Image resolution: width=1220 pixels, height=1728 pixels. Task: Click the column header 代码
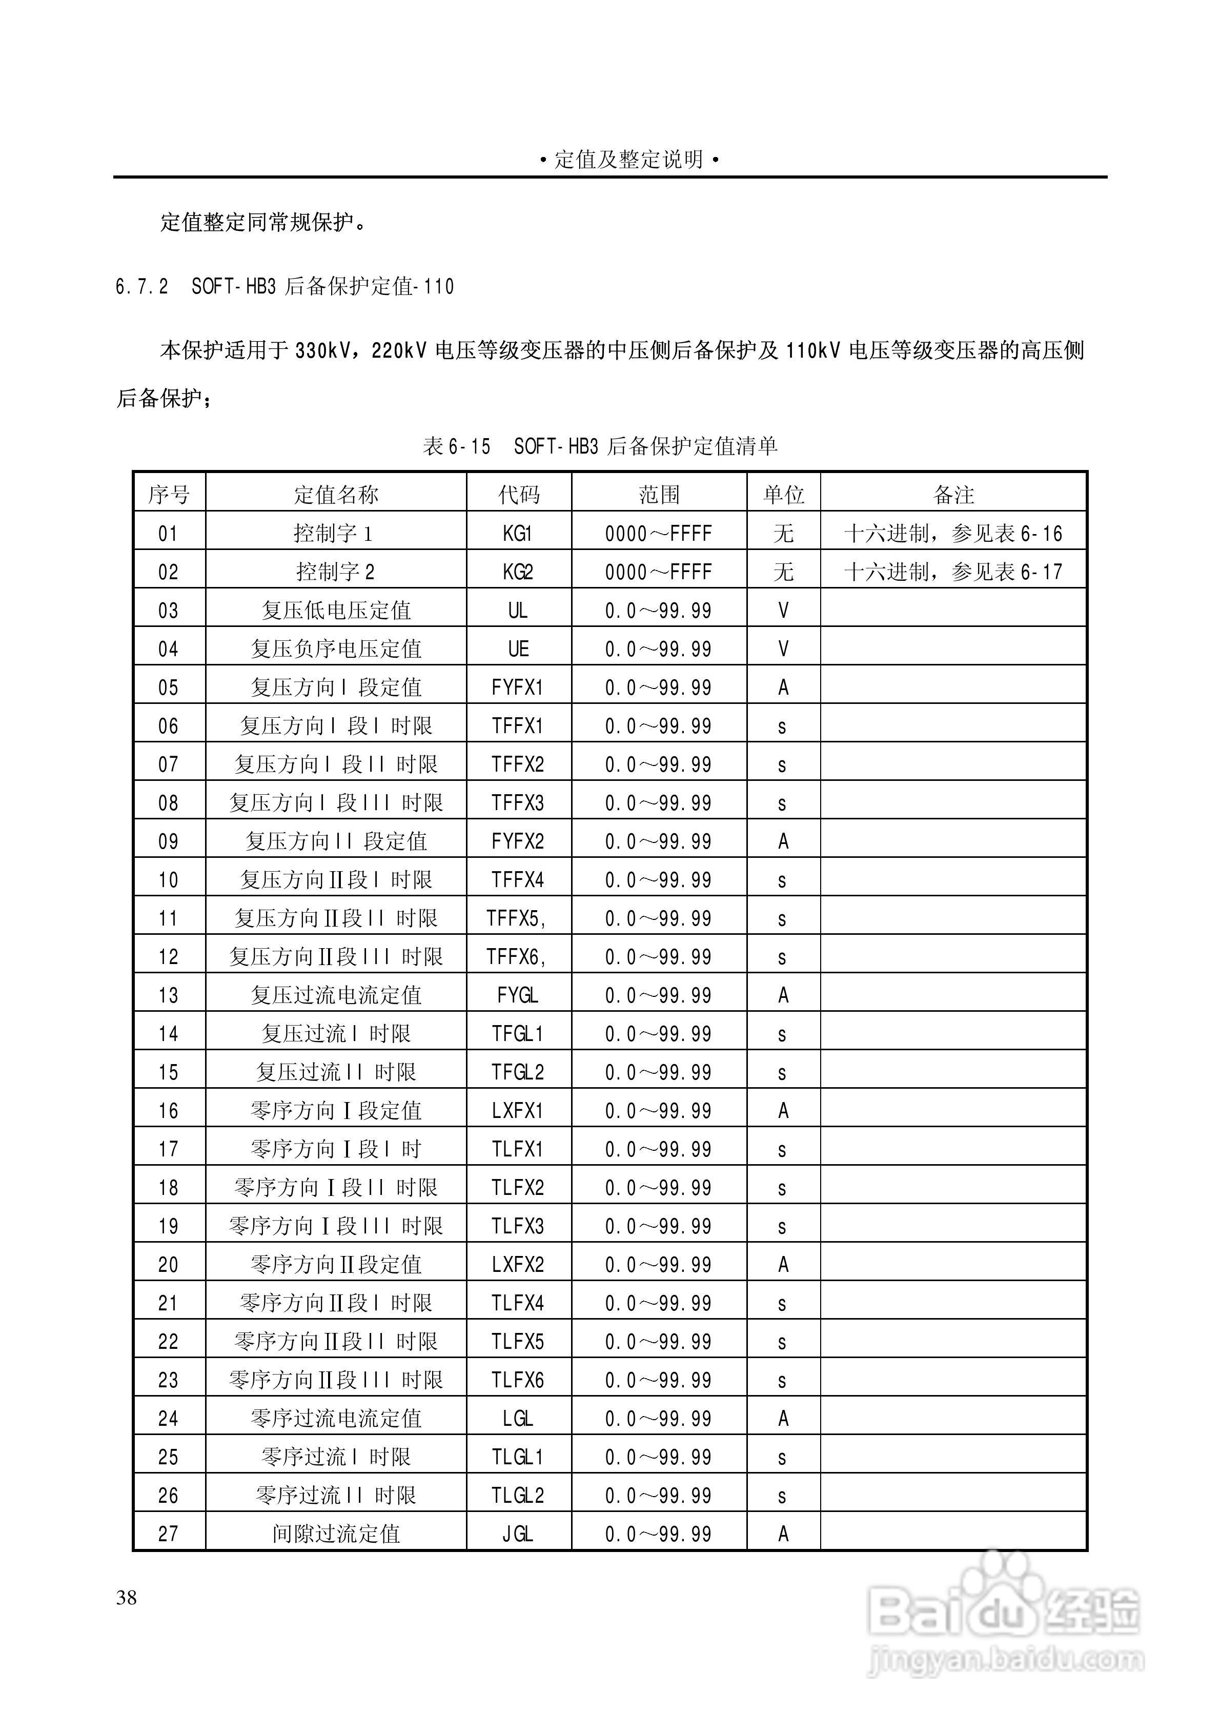(x=518, y=495)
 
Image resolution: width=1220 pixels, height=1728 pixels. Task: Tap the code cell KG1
(x=518, y=534)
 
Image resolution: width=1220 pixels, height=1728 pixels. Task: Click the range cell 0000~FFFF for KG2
(x=658, y=572)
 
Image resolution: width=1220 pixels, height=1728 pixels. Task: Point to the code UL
(x=518, y=611)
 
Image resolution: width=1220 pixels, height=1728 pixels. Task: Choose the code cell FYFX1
(x=518, y=687)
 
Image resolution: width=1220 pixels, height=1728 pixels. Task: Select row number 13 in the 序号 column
(x=169, y=995)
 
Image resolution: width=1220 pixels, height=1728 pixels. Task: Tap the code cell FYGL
(x=518, y=995)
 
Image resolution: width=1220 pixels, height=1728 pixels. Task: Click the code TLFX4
(x=518, y=1303)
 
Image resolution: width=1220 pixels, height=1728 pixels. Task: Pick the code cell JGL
(x=518, y=1534)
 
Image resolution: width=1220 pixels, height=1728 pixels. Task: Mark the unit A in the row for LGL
(x=783, y=1419)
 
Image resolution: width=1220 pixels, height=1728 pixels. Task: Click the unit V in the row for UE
(x=783, y=649)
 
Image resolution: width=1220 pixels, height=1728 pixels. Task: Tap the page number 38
(x=127, y=1598)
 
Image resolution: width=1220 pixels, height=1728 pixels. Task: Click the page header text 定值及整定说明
(x=629, y=160)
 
